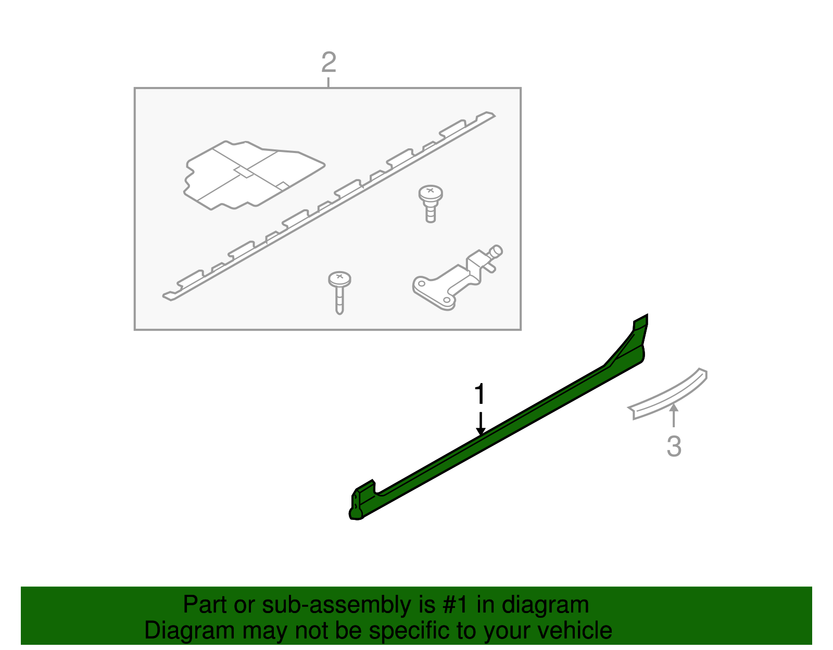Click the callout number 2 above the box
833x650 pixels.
tap(329, 63)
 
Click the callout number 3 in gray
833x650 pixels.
tap(674, 447)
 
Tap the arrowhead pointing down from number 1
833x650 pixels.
tap(481, 430)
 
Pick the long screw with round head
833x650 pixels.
tap(339, 291)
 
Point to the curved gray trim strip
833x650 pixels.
tap(672, 393)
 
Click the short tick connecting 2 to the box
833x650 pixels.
tap(329, 82)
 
